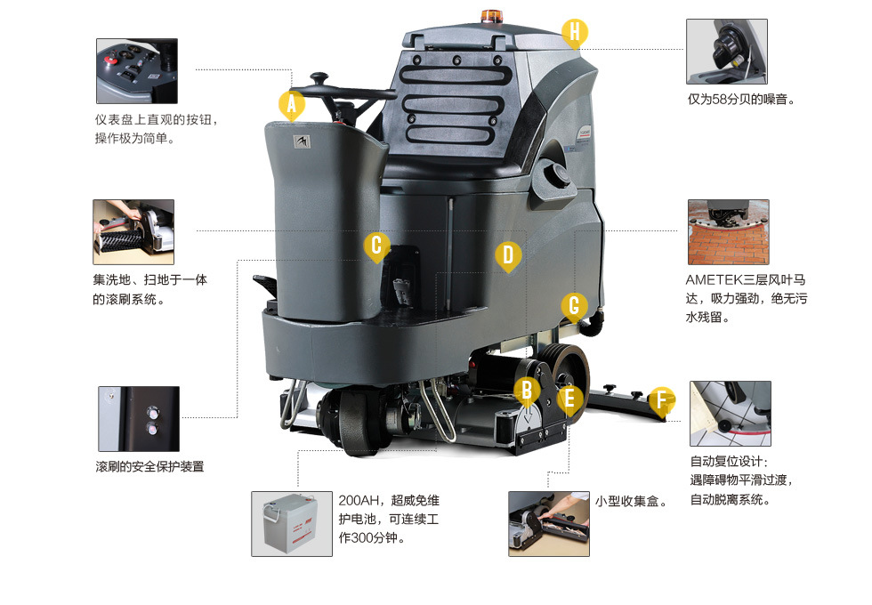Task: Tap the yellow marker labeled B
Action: coord(527,390)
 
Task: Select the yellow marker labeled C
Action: coord(376,246)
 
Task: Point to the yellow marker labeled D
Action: coord(507,255)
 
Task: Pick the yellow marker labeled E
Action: coord(570,398)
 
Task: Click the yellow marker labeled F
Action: coord(660,400)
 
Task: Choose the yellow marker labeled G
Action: coord(574,307)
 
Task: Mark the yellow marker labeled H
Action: coord(575,32)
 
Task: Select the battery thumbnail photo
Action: coord(291,524)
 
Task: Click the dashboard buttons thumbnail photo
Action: coord(137,71)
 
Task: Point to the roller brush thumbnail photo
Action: coord(133,231)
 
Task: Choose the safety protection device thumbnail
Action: coord(138,418)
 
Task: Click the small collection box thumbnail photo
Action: coord(548,524)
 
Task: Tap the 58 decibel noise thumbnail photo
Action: coord(726,52)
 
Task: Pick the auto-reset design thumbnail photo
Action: coord(730,414)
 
